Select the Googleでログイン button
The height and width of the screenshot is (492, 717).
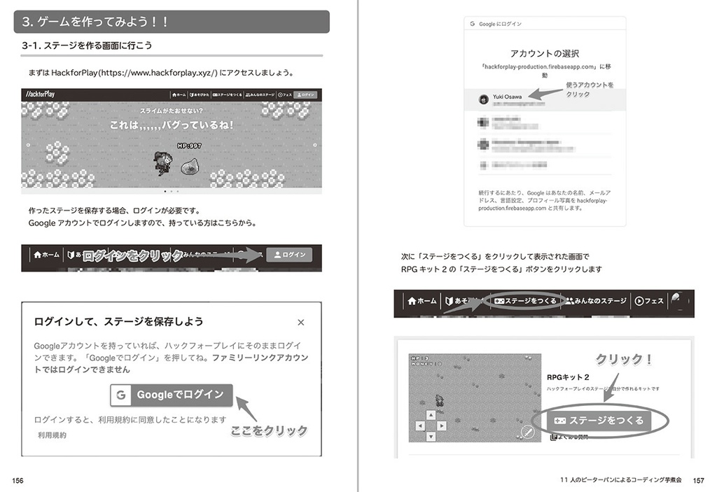(171, 395)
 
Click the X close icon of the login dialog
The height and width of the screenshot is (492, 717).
(301, 323)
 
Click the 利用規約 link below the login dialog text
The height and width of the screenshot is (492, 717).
(53, 435)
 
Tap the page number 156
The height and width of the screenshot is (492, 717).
(18, 480)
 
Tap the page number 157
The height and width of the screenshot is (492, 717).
(697, 480)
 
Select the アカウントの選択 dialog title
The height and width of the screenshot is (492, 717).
(544, 53)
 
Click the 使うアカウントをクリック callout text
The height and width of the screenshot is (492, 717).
(589, 90)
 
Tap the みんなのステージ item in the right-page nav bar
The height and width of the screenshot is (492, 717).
(597, 301)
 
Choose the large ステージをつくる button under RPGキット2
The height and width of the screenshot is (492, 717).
(601, 421)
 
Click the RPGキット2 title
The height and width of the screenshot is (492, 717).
(568, 377)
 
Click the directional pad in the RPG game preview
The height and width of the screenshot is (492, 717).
(428, 425)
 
